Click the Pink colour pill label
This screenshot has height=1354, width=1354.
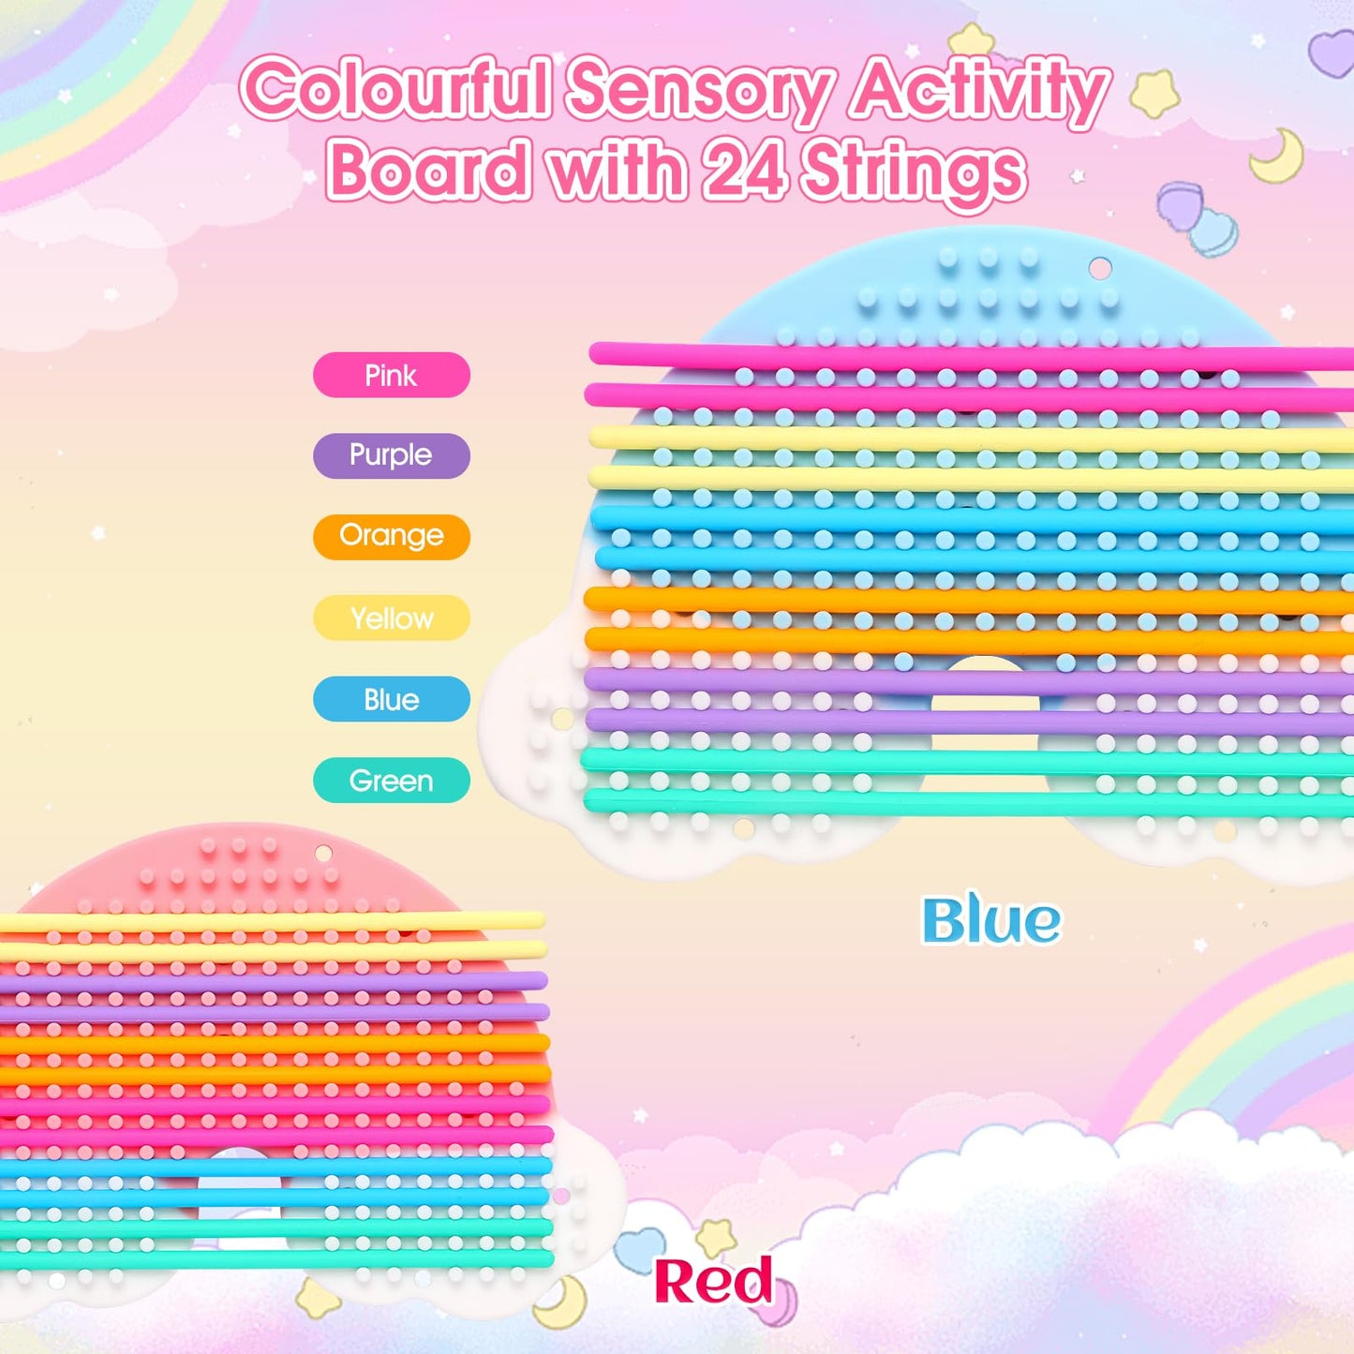(391, 375)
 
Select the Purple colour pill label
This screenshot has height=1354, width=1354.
(391, 455)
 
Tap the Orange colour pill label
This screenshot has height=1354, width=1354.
(391, 536)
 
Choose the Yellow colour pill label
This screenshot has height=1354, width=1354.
(391, 617)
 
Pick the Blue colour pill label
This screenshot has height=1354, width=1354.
(391, 699)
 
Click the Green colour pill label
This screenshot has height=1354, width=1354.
(391, 780)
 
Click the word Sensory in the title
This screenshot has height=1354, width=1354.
(698, 91)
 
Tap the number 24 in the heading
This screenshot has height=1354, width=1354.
(744, 171)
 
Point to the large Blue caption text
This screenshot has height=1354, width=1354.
(991, 920)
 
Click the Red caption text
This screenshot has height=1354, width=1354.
(713, 1281)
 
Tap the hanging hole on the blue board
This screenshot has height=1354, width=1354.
(1100, 269)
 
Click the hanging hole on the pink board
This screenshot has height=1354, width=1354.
(323, 854)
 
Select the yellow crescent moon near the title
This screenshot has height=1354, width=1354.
(1279, 156)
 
